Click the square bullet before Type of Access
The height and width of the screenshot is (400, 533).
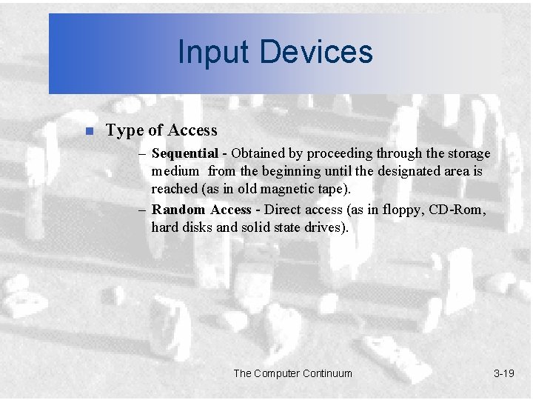(x=88, y=132)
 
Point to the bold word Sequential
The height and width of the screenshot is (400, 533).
(x=184, y=154)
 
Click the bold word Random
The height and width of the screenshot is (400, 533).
(x=178, y=210)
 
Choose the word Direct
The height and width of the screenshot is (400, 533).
(x=283, y=210)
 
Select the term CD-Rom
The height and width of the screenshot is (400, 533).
(x=459, y=210)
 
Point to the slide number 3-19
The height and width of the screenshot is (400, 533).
(x=503, y=373)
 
